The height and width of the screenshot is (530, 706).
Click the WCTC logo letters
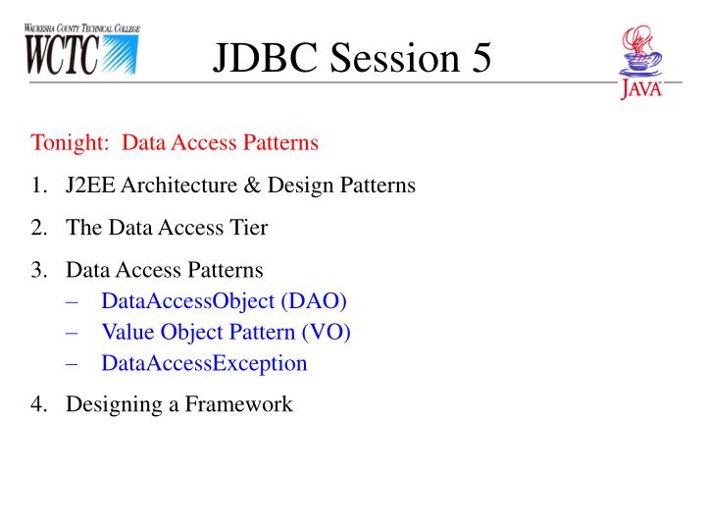[62, 55]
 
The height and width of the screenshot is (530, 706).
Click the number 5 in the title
[481, 57]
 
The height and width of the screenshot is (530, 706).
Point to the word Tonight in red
[70, 143]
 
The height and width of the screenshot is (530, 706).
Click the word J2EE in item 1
[90, 185]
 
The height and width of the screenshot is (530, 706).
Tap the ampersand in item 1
[253, 185]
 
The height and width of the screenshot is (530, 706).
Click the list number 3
[38, 270]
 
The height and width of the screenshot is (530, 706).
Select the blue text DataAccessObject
[187, 301]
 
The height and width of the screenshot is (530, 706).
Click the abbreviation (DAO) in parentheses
[314, 301]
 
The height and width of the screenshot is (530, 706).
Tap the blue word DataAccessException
[204, 363]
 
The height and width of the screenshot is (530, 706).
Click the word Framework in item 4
[238, 403]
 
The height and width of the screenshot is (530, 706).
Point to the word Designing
[115, 404]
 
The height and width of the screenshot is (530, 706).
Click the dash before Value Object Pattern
[72, 333]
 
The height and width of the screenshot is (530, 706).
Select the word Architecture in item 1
[179, 185]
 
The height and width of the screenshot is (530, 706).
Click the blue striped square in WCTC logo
[120, 55]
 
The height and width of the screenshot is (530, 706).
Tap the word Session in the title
[395, 57]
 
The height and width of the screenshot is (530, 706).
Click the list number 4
[38, 403]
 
